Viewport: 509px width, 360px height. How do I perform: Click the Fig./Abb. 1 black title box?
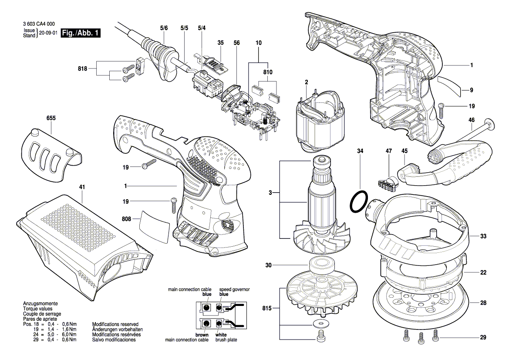tap(81, 33)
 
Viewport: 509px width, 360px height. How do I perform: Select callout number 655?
tap(51, 118)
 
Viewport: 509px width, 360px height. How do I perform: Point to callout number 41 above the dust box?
tap(82, 187)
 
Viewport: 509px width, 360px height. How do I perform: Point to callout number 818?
tap(83, 68)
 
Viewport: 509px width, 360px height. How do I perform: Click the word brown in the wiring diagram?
tap(202, 335)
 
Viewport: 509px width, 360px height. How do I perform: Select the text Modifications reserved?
tap(115, 325)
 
